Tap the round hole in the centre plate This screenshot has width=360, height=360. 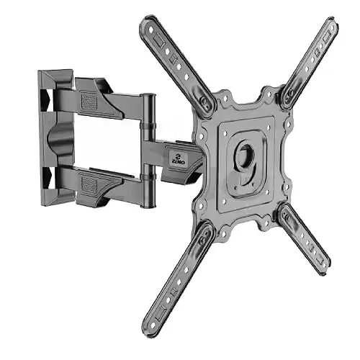coord(246,155)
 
